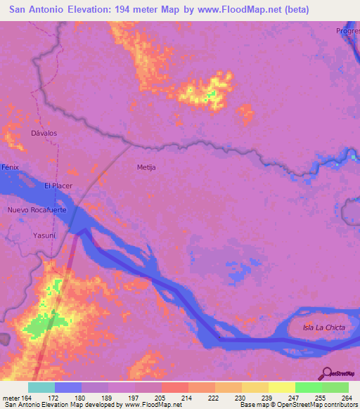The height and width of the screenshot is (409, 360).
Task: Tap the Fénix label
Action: (9, 167)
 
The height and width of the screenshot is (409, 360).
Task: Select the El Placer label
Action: (58, 186)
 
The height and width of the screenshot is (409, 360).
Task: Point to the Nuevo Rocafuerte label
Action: (36, 210)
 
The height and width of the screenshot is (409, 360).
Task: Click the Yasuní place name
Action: (44, 236)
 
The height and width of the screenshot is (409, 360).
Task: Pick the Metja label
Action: (146, 167)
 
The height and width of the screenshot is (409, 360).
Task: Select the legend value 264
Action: (347, 397)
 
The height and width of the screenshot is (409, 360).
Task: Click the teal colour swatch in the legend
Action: (41, 387)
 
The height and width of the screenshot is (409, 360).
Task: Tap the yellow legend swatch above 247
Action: (281, 387)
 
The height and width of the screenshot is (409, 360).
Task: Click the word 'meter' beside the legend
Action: (11, 397)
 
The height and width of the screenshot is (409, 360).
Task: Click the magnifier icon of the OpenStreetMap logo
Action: (326, 374)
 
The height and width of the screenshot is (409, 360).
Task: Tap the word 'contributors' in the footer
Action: (340, 405)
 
